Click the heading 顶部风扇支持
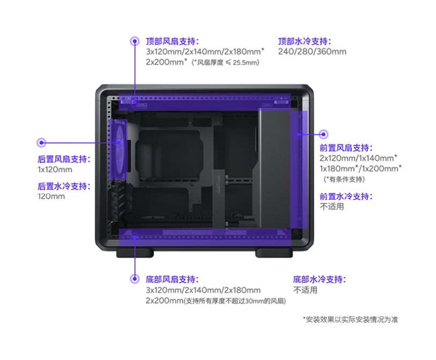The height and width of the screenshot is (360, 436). [172, 41]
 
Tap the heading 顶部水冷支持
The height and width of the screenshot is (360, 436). [304, 41]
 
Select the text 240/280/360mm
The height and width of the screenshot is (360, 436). [312, 52]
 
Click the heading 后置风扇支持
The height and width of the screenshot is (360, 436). [63, 159]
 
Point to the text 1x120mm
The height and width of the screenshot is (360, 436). [55, 170]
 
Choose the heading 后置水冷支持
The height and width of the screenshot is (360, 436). [63, 186]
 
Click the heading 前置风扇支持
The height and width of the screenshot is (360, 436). [346, 147]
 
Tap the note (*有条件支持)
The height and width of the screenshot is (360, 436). [344, 179]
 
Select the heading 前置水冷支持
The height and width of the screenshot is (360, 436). [346, 196]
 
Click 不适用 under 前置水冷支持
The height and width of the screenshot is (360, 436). [331, 207]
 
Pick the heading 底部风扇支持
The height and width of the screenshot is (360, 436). [172, 279]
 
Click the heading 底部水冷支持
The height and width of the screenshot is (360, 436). [319, 279]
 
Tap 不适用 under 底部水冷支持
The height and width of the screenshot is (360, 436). [305, 290]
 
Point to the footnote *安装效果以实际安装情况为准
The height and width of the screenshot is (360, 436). [350, 320]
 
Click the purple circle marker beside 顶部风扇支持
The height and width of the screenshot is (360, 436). [135, 41]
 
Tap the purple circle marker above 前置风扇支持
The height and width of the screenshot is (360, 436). [324, 133]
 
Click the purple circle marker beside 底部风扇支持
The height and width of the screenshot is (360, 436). [135, 279]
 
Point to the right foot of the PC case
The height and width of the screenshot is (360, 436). [274, 253]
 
